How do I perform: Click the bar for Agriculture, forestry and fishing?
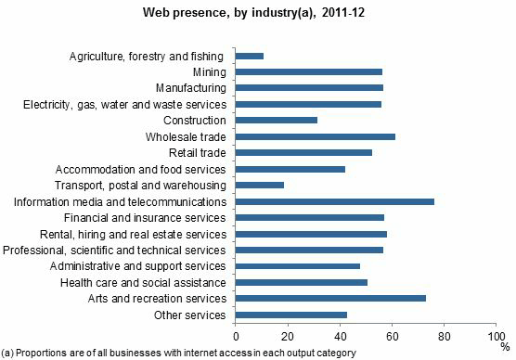[250, 56]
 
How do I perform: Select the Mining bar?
[309, 71]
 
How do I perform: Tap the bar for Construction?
[277, 121]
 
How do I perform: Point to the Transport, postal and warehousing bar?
[260, 186]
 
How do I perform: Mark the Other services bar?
[291, 315]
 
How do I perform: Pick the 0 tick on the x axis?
[237, 335]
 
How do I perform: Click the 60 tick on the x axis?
[392, 335]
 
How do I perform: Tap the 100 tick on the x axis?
[494, 335]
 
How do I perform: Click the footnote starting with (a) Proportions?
[179, 353]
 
